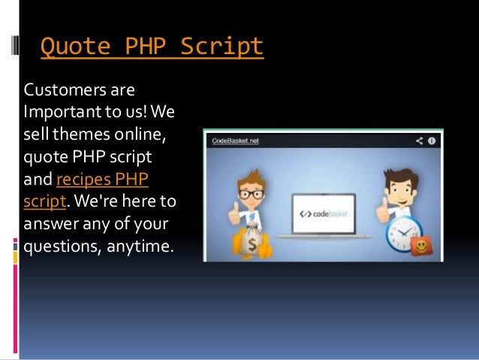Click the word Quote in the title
(x=70, y=47)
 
